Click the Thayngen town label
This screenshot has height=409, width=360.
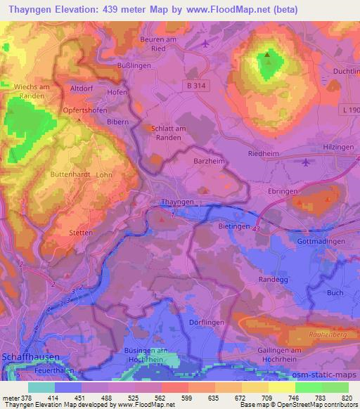[176, 202]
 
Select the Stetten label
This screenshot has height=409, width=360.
[61, 228]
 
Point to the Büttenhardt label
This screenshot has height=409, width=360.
[69, 174]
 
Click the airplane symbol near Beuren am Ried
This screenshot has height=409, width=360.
[205, 44]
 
